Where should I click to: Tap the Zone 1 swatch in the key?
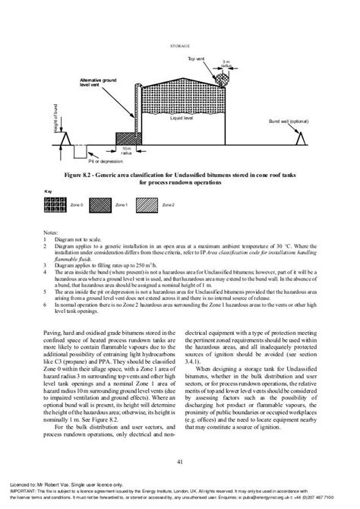pos(102,206)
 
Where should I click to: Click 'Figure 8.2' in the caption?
pos(84,175)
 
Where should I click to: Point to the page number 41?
pos(179,461)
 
